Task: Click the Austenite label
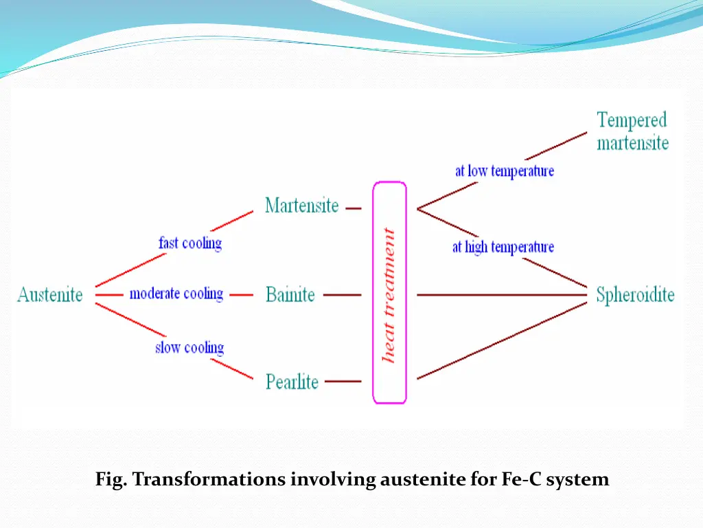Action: click(50, 295)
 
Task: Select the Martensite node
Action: click(302, 206)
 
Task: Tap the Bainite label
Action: click(290, 295)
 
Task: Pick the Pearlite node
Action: click(292, 381)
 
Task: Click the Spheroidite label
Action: click(635, 295)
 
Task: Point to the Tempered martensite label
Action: click(632, 131)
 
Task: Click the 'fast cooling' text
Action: click(190, 243)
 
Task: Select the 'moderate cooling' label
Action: click(176, 294)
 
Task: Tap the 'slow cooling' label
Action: click(189, 347)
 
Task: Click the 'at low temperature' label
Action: click(505, 170)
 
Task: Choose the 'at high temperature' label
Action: click(503, 247)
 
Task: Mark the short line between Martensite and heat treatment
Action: click(354, 208)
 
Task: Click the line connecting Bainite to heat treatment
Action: click(342, 295)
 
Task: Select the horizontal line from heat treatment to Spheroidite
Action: click(501, 295)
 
